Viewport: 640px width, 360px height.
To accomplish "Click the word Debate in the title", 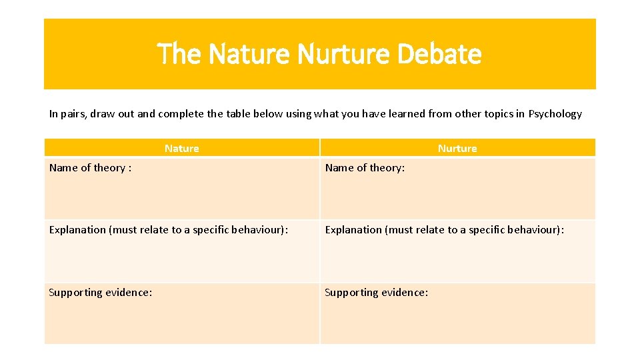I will [439, 54].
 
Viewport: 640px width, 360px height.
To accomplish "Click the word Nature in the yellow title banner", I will [248, 54].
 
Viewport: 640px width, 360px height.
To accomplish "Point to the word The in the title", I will [179, 54].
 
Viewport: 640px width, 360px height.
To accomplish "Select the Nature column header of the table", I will [181, 148].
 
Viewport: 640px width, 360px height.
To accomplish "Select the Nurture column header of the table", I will [457, 148].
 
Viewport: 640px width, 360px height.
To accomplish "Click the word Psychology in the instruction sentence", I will [555, 114].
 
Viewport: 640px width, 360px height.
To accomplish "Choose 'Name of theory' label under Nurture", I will [364, 168].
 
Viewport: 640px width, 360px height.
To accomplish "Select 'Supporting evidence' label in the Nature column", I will [100, 293].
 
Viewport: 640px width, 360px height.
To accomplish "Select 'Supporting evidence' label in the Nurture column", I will [376, 293].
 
